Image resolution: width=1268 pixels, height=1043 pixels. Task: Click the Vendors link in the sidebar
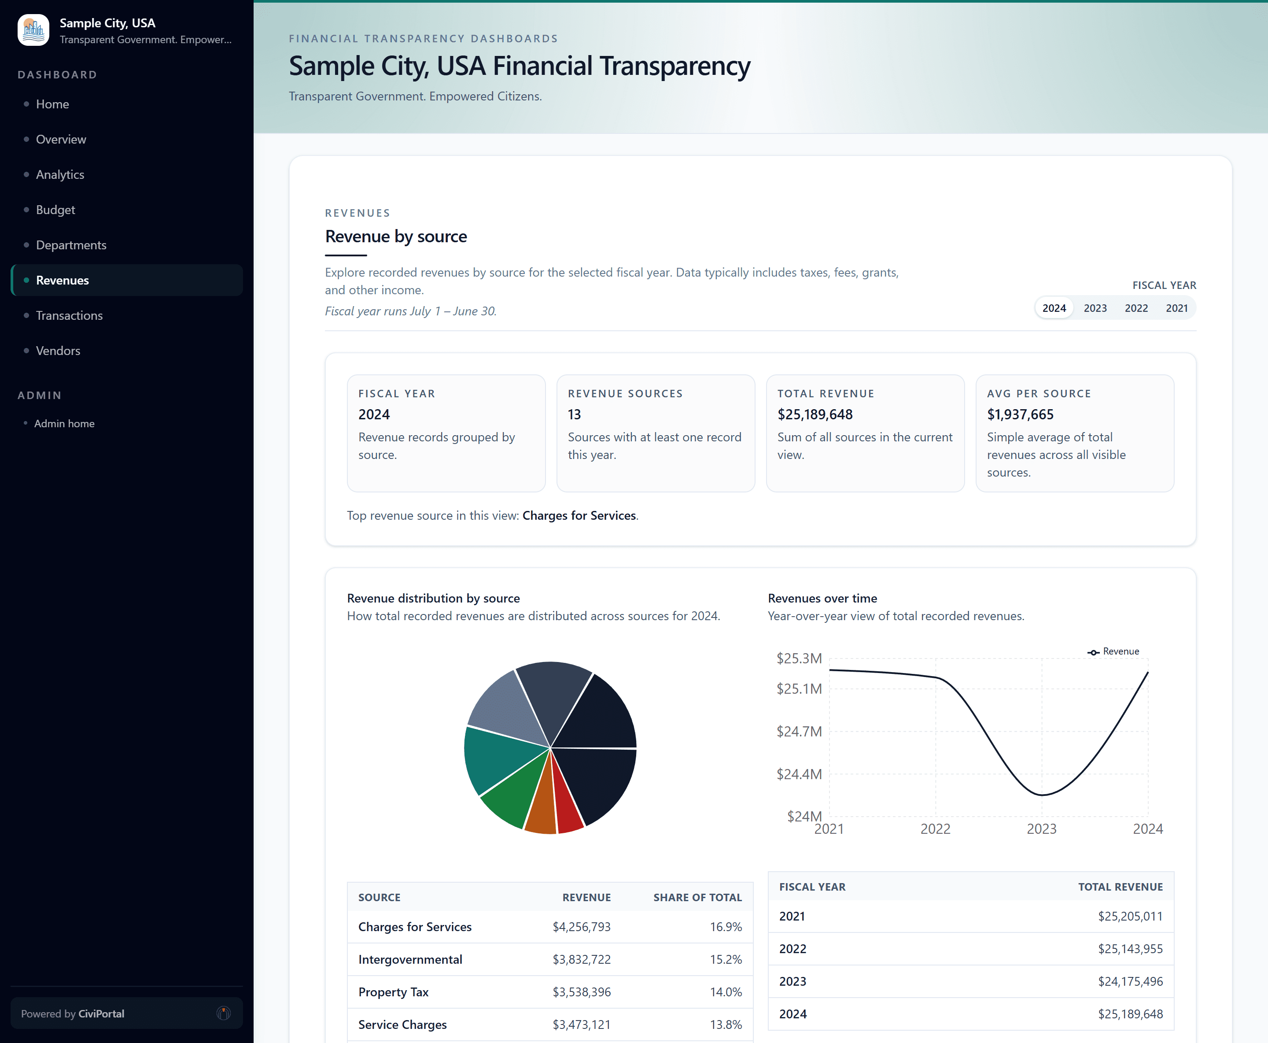[x=58, y=351]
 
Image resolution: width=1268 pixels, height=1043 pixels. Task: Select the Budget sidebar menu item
[x=55, y=210]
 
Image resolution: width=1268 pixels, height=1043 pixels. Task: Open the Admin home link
[x=64, y=424]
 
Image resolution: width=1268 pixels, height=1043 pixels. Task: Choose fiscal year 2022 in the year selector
[x=1136, y=308]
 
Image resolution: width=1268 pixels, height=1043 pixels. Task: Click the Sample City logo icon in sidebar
[x=33, y=30]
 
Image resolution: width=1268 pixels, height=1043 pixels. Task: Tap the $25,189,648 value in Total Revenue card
[x=815, y=414]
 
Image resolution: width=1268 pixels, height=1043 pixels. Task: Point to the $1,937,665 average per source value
[x=1020, y=414]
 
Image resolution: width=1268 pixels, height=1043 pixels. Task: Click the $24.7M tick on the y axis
[x=799, y=731]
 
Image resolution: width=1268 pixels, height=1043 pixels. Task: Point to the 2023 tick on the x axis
[x=1041, y=829]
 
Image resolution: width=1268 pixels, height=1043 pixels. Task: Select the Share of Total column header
[x=697, y=898]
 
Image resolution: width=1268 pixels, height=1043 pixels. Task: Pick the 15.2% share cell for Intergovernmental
[x=726, y=959]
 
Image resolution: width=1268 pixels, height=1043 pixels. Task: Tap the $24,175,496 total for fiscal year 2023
[x=1130, y=981]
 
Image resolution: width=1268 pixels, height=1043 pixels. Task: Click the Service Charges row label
[x=402, y=1025]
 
